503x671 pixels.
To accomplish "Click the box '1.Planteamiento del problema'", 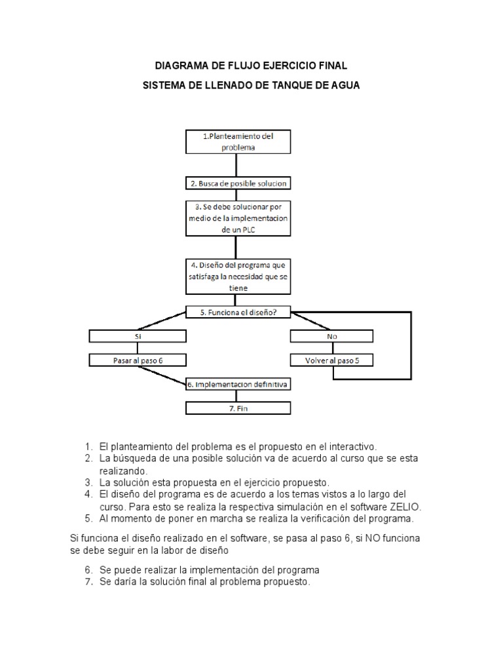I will [x=238, y=142].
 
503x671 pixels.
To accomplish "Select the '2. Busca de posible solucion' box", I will [x=238, y=183].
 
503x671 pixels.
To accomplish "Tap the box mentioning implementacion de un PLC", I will [x=238, y=218].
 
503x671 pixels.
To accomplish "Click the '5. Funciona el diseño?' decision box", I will [x=238, y=313].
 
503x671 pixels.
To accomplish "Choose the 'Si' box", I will [x=138, y=336].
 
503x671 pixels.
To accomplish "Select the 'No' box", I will [x=333, y=336].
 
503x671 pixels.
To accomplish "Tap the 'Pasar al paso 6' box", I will [x=138, y=360].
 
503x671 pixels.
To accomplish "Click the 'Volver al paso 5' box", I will [x=333, y=360].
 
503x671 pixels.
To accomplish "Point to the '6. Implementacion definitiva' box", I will [x=238, y=384].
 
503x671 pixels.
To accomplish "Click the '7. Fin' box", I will [x=238, y=408].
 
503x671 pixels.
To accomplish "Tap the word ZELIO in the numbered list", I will [x=405, y=507].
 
